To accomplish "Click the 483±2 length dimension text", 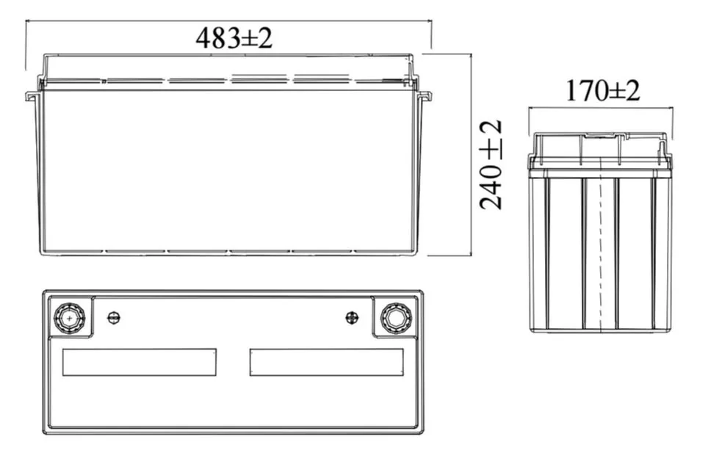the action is tap(234, 38).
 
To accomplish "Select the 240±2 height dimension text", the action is tap(491, 164).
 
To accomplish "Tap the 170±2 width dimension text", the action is tap(603, 90).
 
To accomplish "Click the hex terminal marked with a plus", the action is tap(70, 318).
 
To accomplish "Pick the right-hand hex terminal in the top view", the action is tap(396, 318).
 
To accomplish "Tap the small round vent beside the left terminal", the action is tap(114, 318).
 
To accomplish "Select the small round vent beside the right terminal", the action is tap(352, 318).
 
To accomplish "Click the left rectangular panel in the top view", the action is tap(139, 362).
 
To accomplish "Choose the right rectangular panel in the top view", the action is tap(326, 362).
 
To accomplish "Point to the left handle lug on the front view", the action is tap(32, 95).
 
